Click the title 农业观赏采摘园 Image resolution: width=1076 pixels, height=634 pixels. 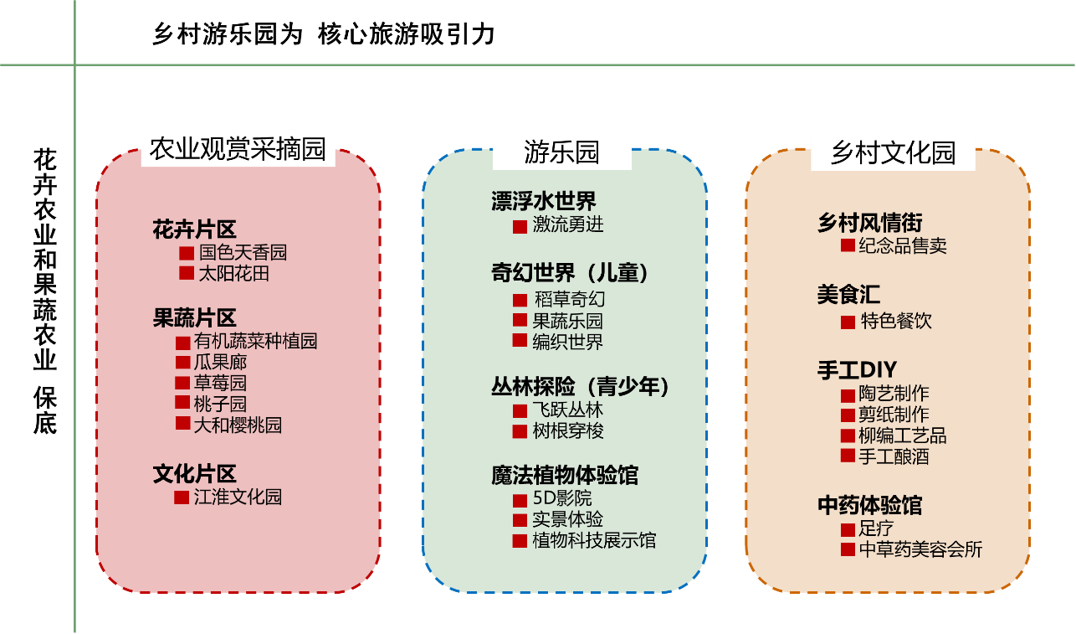click(x=238, y=149)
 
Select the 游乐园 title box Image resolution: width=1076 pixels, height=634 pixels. click(x=561, y=152)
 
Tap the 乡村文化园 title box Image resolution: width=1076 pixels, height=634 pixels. click(x=893, y=152)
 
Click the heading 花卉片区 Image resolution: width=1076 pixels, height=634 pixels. click(x=194, y=229)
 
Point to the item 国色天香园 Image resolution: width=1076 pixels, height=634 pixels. click(x=243, y=252)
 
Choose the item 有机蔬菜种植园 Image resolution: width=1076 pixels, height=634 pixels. click(x=255, y=341)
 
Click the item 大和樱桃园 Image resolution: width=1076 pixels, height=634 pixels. click(x=238, y=425)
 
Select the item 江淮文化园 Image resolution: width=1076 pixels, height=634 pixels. click(x=238, y=497)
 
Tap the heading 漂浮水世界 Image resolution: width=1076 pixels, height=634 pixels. click(x=544, y=201)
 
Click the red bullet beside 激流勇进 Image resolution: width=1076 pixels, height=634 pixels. click(x=520, y=227)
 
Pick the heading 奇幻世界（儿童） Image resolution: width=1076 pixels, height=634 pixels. click(x=570, y=273)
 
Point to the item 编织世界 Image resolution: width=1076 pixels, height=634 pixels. click(x=567, y=342)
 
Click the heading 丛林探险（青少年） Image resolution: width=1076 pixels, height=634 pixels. click(x=581, y=387)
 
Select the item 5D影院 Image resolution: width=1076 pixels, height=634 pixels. click(x=561, y=498)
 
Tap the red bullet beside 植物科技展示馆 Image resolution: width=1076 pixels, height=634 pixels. click(x=520, y=541)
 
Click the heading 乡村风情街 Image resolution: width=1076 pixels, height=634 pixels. click(x=869, y=224)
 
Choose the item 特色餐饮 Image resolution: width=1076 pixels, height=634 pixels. click(x=895, y=321)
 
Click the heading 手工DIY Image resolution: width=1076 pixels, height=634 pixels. click(x=857, y=370)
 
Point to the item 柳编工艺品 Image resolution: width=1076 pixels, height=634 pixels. click(x=902, y=436)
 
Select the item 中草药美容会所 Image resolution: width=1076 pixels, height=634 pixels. click(x=920, y=549)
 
